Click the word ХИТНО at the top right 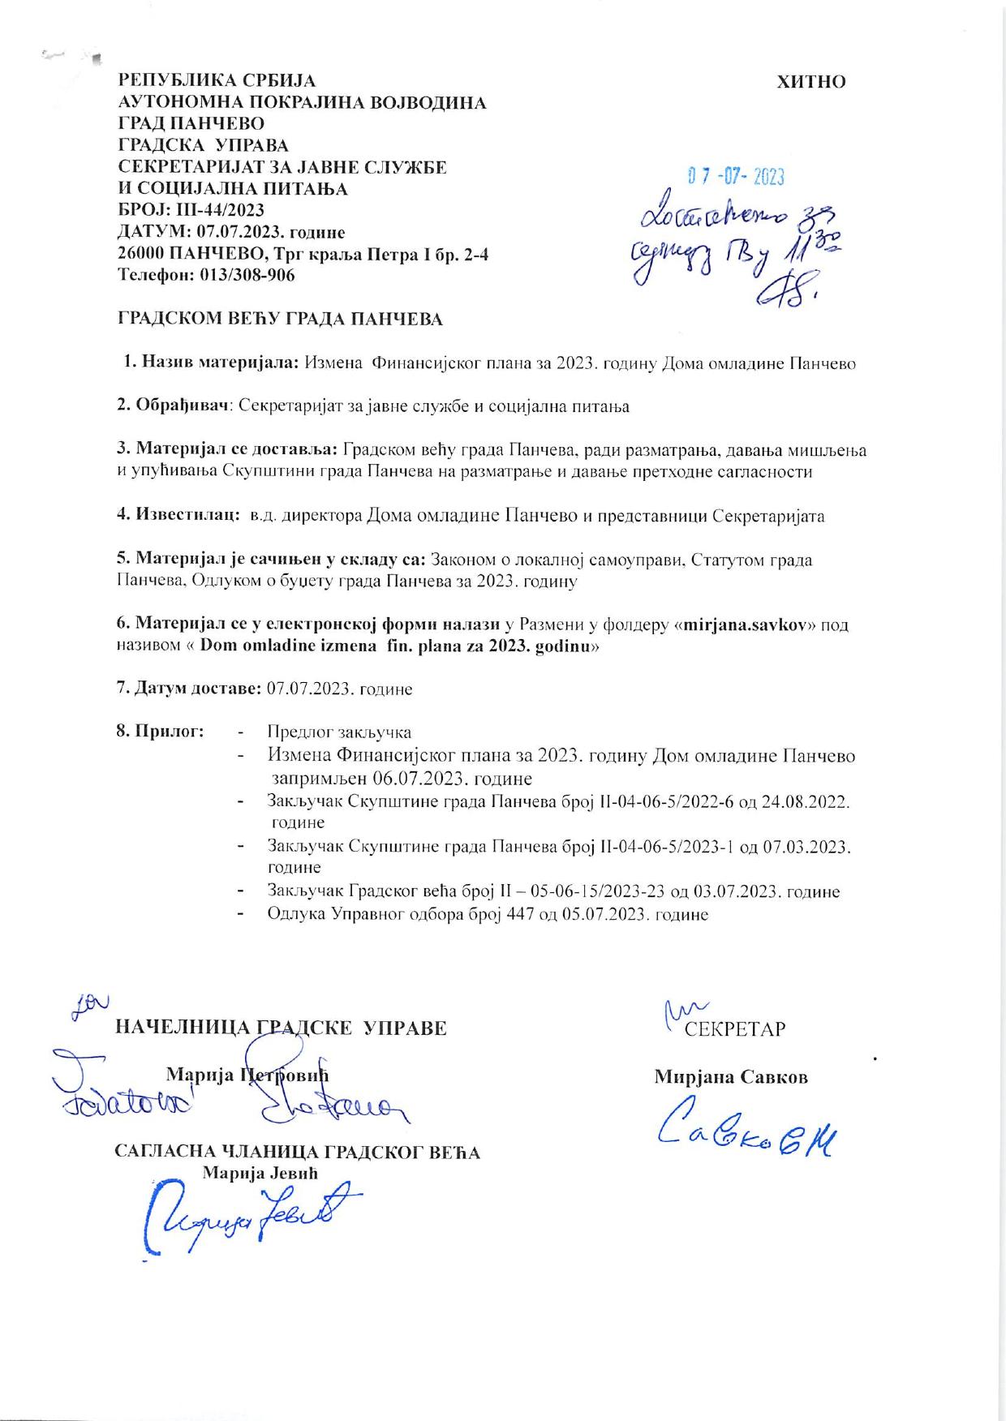(x=811, y=82)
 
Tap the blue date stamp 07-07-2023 (x=736, y=176)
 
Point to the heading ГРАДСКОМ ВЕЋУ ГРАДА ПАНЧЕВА (x=281, y=319)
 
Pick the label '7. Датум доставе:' (x=189, y=689)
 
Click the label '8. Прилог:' (x=160, y=732)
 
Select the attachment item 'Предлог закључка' (x=339, y=732)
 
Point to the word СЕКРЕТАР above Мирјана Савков (x=735, y=1029)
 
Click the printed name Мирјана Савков (x=731, y=1077)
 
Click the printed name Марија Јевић (x=260, y=1173)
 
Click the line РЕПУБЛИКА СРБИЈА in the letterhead (x=217, y=81)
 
